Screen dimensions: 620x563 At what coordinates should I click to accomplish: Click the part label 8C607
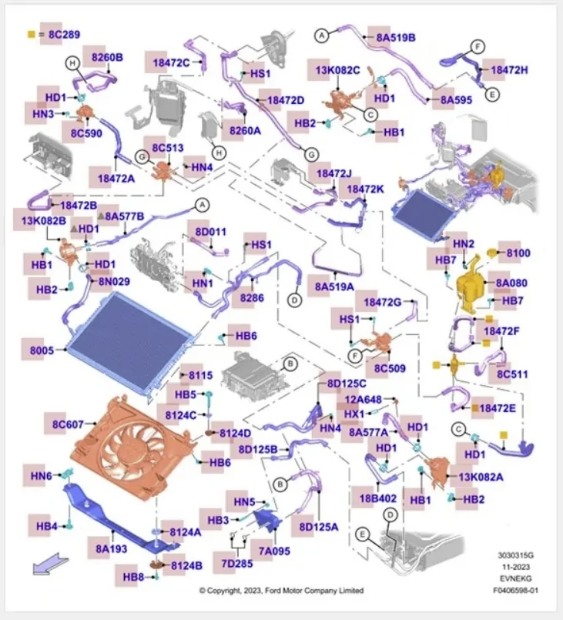pyautogui.click(x=68, y=423)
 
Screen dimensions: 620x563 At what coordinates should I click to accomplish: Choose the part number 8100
pyautogui.click(x=518, y=253)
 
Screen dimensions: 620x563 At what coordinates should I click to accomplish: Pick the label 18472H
pyautogui.click(x=509, y=69)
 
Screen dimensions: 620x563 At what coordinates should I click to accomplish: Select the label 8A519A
pyautogui.click(x=333, y=287)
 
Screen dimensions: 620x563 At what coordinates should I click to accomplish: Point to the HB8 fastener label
pyautogui.click(x=134, y=577)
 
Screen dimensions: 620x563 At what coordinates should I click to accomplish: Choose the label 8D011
pyautogui.click(x=211, y=231)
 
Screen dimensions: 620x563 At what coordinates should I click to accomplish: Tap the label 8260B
pyautogui.click(x=107, y=57)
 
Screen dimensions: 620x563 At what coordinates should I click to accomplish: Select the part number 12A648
pyautogui.click(x=362, y=399)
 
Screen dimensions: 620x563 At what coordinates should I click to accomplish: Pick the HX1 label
pyautogui.click(x=354, y=414)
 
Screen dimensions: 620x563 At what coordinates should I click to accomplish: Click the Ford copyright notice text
pyautogui.click(x=281, y=591)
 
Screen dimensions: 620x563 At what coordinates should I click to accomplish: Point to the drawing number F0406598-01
pyautogui.click(x=517, y=591)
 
